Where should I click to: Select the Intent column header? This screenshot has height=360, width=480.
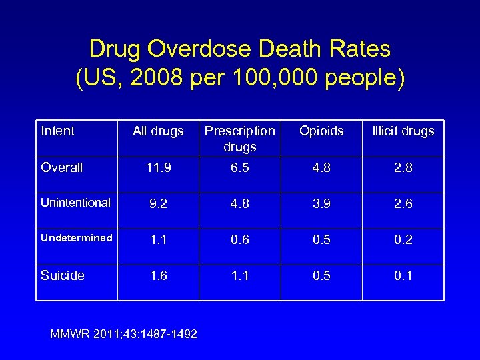58,131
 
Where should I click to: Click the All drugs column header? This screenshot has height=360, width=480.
158,131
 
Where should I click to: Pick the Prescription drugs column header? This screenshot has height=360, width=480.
239,138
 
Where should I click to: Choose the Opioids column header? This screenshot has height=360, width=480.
321,131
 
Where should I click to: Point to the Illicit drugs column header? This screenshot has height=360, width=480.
403,131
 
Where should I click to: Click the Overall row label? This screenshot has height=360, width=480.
62,167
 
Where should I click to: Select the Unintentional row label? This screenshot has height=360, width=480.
75,203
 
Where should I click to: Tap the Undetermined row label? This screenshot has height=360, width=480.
76,238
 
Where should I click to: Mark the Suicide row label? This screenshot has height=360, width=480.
63,275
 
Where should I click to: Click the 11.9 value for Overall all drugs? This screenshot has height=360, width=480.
158,168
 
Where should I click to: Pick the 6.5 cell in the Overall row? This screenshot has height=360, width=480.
239,168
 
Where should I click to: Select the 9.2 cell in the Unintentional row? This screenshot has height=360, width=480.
158,204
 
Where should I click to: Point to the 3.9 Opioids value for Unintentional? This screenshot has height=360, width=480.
321,204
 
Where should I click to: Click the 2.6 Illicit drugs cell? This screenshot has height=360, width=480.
403,204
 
